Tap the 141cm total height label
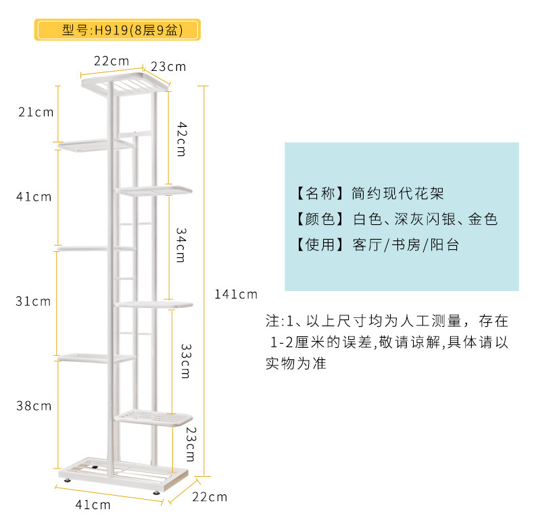(x=236, y=294)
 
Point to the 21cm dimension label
(x=36, y=112)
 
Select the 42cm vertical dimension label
(x=182, y=138)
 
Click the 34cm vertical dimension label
(x=181, y=244)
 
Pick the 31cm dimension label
(x=33, y=301)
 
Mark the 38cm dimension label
(x=33, y=406)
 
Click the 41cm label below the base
(x=93, y=504)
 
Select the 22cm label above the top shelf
(x=112, y=61)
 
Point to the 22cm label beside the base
(x=209, y=497)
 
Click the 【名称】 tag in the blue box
(x=316, y=194)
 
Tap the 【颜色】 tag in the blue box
(x=316, y=219)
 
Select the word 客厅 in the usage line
(x=366, y=244)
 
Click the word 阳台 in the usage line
(x=444, y=244)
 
